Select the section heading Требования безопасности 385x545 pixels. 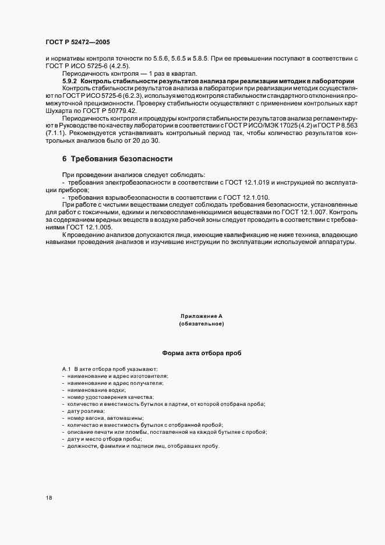click(122, 159)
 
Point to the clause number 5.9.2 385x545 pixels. click(70, 81)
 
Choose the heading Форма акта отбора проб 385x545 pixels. click(201, 353)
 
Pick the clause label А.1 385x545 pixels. click(66, 370)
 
